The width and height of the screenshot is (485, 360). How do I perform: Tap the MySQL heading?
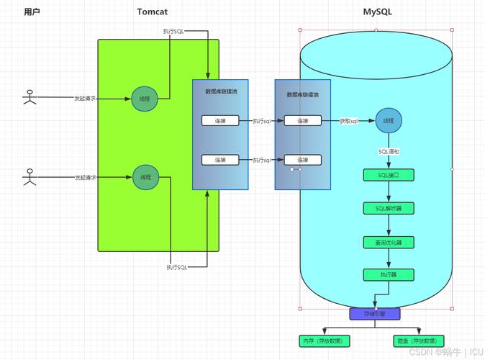click(x=378, y=12)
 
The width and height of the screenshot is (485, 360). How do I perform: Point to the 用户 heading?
click(x=32, y=12)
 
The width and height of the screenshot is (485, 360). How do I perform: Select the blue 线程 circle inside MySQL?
click(x=389, y=121)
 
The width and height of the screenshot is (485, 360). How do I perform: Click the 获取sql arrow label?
click(x=349, y=121)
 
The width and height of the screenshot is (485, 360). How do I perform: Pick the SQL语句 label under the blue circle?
click(x=389, y=152)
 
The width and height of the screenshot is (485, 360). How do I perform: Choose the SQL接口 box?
click(x=389, y=175)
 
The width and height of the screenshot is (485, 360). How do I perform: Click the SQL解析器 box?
click(x=389, y=208)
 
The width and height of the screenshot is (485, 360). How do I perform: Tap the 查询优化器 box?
click(x=389, y=242)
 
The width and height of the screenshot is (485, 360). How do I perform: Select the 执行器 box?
click(x=389, y=274)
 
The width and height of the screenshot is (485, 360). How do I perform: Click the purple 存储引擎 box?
click(x=374, y=314)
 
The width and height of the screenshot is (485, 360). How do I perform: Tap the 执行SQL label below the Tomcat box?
click(x=177, y=267)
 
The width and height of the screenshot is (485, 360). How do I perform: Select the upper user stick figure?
click(x=30, y=97)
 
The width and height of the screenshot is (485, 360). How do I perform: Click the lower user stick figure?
click(x=30, y=177)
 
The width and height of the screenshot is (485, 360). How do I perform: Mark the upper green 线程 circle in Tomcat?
click(x=145, y=99)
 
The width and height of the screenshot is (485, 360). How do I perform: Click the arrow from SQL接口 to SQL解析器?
click(x=389, y=192)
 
